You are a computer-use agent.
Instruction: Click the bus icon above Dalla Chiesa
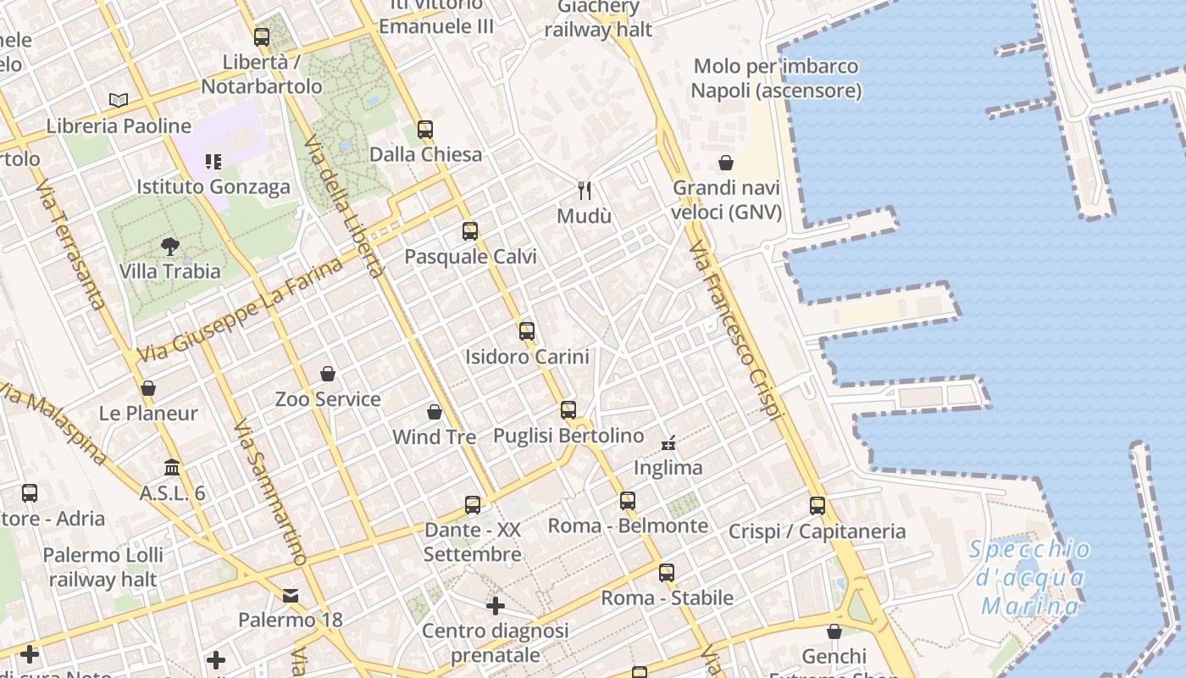pos(425,130)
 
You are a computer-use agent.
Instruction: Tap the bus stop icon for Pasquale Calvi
pos(470,231)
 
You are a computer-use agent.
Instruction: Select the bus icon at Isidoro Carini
pos(527,331)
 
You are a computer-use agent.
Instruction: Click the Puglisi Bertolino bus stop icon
pos(568,410)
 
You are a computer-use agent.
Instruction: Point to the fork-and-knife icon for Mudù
pos(584,190)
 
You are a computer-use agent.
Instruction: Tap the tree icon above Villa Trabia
pos(170,247)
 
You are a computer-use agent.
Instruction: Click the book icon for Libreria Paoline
pos(119,101)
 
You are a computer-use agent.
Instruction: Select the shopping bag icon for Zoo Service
pos(328,374)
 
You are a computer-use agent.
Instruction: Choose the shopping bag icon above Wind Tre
pos(435,412)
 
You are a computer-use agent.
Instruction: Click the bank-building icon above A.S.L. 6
pos(173,468)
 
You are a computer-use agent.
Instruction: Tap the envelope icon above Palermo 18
pos(291,595)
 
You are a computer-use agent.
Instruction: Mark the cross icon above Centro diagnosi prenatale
pos(496,606)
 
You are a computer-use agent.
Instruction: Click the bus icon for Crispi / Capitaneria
pos(817,506)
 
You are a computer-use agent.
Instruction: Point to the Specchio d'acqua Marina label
pos(1030,577)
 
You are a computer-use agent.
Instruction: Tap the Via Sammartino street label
pos(269,492)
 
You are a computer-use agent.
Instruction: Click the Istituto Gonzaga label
pos(213,186)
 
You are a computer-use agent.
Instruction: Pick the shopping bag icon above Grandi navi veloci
pos(726,163)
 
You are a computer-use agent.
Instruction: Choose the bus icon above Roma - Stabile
pos(667,573)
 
